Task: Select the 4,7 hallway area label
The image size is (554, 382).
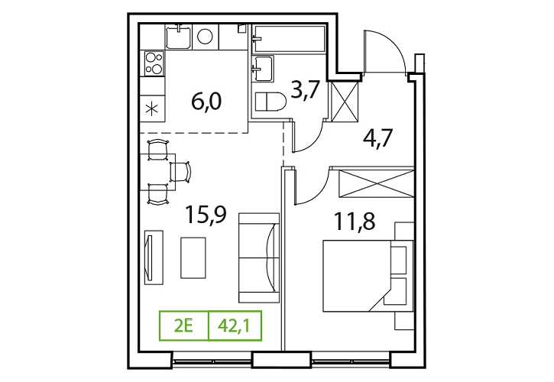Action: tap(377, 138)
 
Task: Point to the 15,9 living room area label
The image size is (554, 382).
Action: tap(206, 215)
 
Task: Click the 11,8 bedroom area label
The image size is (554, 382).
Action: tap(355, 222)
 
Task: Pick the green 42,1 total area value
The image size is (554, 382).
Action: tap(235, 325)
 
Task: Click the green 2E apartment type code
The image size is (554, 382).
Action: tap(183, 325)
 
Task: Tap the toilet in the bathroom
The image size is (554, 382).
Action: tap(271, 102)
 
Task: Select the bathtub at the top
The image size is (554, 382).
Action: tap(289, 38)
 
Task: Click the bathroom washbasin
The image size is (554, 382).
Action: tap(263, 68)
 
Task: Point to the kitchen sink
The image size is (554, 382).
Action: tap(179, 36)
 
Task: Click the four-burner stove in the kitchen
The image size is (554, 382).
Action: tap(154, 63)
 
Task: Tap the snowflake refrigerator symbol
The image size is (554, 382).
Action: tap(152, 108)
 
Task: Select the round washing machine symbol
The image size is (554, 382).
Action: tap(205, 36)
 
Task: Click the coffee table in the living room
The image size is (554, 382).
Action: tap(193, 257)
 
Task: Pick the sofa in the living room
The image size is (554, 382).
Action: tap(259, 257)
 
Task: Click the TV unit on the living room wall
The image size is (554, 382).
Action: tap(154, 257)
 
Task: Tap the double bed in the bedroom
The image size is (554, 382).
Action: tap(368, 276)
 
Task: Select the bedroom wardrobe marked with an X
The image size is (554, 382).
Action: tap(376, 183)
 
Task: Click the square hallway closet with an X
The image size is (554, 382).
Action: tap(345, 102)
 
